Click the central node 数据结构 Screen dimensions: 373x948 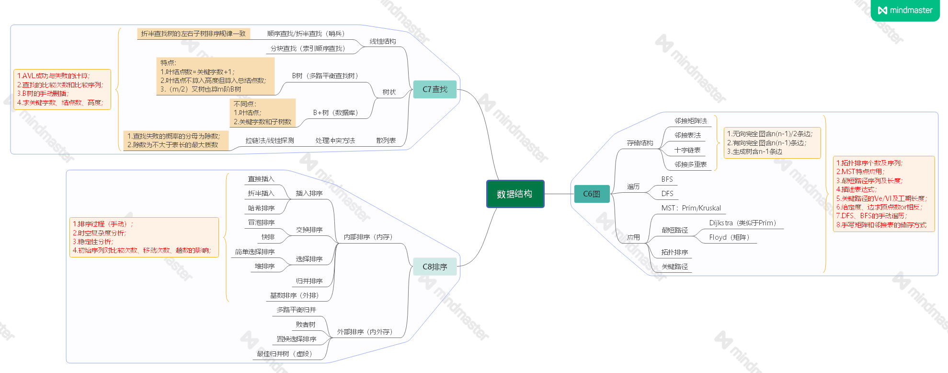[x=514, y=194]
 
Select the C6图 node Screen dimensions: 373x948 [x=592, y=194]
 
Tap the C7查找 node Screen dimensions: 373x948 [x=434, y=89]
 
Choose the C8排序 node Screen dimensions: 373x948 [x=434, y=267]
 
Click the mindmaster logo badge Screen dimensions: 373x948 [x=905, y=10]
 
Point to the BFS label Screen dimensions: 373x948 [x=667, y=179]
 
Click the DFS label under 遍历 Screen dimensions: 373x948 [x=667, y=194]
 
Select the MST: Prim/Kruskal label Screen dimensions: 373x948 [x=691, y=208]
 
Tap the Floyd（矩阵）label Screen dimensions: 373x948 [x=729, y=237]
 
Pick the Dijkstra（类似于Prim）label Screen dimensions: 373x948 [x=742, y=223]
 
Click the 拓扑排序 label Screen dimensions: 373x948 [x=674, y=252]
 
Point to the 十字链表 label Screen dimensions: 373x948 [x=687, y=150]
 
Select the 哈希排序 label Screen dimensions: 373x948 [x=261, y=208]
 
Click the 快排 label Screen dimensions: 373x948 [x=268, y=237]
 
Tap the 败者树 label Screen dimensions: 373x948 [x=306, y=325]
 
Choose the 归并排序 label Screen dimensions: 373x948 [x=309, y=281]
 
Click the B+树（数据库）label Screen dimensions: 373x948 [x=335, y=113]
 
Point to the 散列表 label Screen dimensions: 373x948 [x=386, y=140]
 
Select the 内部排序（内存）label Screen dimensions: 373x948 [x=368, y=237]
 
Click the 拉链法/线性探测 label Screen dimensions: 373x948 [x=270, y=140]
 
